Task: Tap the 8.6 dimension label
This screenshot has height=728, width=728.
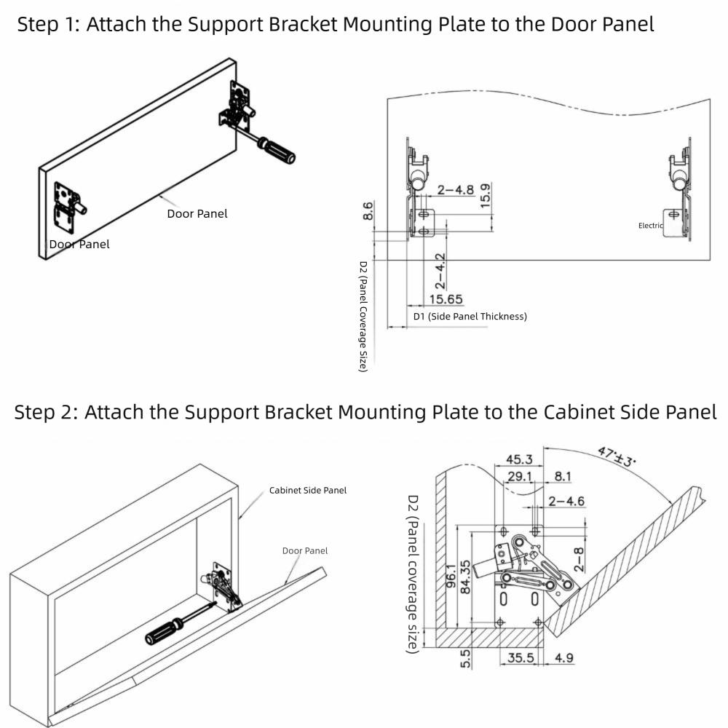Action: tap(369, 211)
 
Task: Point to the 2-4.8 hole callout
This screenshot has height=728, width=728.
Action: tap(456, 190)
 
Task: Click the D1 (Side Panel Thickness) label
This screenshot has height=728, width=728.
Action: tap(470, 317)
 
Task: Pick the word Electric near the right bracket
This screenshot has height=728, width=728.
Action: tap(651, 226)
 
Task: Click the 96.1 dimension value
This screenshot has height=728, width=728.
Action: tap(451, 575)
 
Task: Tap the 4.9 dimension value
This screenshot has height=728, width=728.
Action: tap(565, 659)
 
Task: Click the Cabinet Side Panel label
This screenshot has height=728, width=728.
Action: tap(308, 490)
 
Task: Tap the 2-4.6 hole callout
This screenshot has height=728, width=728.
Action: tap(566, 501)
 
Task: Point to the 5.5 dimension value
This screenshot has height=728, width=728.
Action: tap(467, 658)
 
